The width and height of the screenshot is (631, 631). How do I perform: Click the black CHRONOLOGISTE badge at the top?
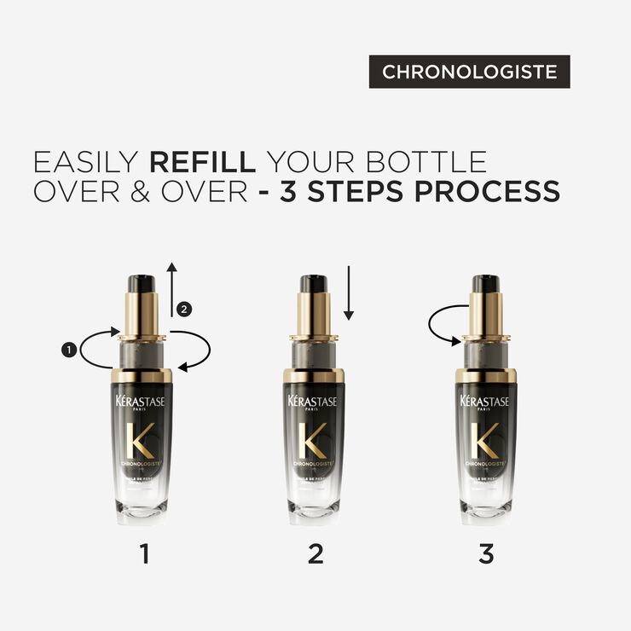pyautogui.click(x=469, y=72)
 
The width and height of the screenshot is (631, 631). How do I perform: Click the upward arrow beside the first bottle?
pyautogui.click(x=171, y=290)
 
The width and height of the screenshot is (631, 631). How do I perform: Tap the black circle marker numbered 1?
pyautogui.click(x=67, y=348)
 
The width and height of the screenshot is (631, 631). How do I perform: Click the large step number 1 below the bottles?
pyautogui.click(x=144, y=554)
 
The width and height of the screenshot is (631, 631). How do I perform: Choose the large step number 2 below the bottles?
pyautogui.click(x=315, y=554)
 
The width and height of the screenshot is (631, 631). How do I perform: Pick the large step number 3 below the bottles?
pyautogui.click(x=486, y=554)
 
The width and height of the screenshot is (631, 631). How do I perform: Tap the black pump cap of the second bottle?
pyautogui.click(x=315, y=283)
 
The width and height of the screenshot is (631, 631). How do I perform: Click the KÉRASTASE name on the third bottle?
pyautogui.click(x=485, y=402)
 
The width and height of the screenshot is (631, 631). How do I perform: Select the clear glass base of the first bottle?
pyautogui.click(x=144, y=509)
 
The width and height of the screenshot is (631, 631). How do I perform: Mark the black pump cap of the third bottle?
pyautogui.click(x=485, y=283)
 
